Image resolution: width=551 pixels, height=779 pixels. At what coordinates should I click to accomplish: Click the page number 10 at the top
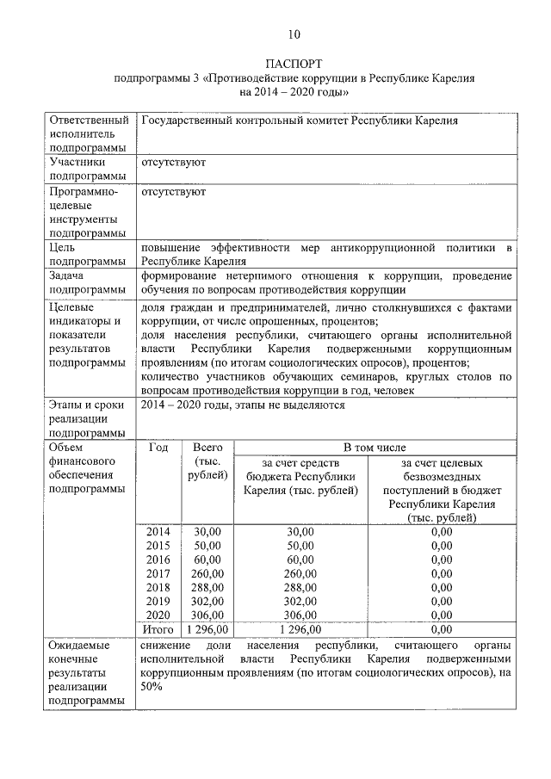point(294,35)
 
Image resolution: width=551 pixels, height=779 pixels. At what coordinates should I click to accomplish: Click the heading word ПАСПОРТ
point(294,64)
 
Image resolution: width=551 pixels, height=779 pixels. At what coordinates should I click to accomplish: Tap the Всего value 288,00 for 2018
point(207,587)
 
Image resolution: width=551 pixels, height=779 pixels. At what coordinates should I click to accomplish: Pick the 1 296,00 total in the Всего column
point(207,629)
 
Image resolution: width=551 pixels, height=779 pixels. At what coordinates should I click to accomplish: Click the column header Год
point(158,448)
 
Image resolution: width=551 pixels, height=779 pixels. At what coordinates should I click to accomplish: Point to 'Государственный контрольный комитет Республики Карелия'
point(299,121)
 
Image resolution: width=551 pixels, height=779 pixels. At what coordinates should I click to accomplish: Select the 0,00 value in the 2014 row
point(440,532)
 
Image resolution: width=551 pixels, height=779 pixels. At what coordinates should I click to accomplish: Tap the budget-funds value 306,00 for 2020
point(300,615)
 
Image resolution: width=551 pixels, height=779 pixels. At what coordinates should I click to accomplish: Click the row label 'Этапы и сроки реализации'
point(87,418)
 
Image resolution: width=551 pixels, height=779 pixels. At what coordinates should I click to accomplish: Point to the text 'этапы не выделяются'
point(290,405)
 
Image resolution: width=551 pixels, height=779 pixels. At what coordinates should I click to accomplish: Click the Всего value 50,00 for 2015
point(207,546)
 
